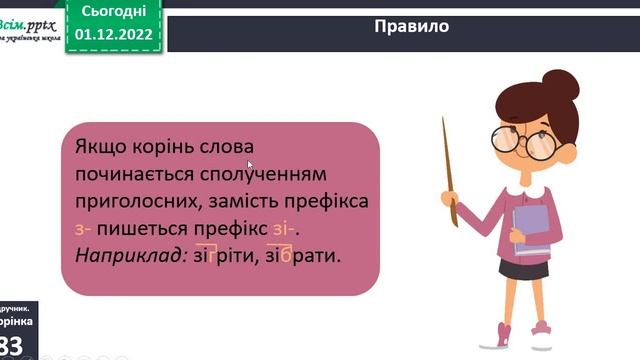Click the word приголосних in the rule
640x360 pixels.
(134, 202)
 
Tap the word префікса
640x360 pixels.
(328, 202)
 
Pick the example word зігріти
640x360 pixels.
(229, 256)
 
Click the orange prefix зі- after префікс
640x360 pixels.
(284, 229)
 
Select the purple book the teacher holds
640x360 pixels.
(532, 229)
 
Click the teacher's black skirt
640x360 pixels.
(524, 267)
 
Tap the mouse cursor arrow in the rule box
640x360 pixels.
(250, 165)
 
